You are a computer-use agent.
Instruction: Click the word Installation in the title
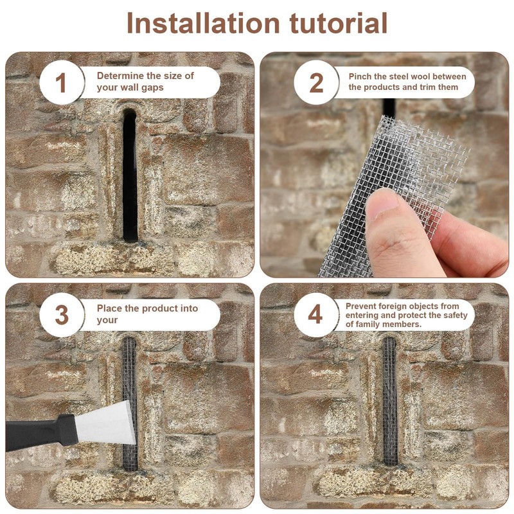pos(203,23)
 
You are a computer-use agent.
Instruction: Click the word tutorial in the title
pos(339,23)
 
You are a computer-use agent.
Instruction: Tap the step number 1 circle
pos(62,82)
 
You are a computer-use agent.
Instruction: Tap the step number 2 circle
pos(316,82)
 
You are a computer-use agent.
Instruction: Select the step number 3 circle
pos(62,315)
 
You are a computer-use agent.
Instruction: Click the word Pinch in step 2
pos(359,76)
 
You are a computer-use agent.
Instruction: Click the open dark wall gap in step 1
pos(130,175)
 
